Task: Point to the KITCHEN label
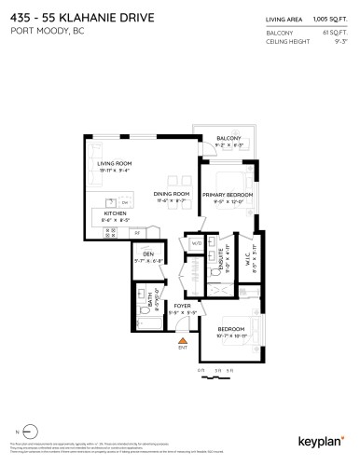[116, 214]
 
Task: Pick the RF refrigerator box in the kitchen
[137, 231]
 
